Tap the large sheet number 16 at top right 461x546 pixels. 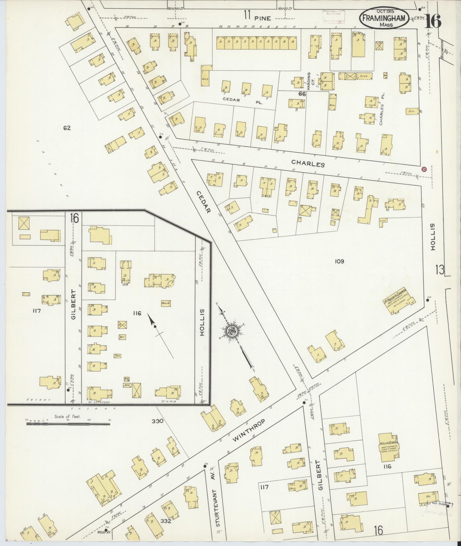pos(433,21)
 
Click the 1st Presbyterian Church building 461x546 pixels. pos(399,301)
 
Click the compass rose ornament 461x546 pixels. pos(231,331)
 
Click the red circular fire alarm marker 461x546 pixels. pos(424,169)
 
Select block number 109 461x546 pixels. pos(340,261)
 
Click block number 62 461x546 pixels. pos(67,128)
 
